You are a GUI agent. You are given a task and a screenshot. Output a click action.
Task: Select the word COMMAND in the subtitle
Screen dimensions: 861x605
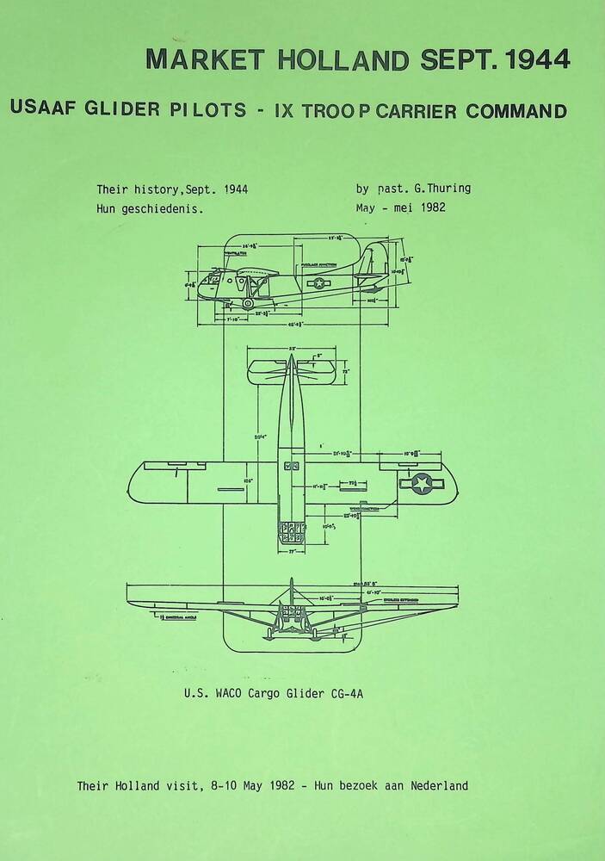(516, 111)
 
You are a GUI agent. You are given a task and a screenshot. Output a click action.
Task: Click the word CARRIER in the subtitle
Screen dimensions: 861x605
(414, 111)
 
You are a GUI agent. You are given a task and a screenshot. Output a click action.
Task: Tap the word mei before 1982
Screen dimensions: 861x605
(402, 208)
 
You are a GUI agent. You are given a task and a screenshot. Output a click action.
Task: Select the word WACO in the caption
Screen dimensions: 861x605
(234, 693)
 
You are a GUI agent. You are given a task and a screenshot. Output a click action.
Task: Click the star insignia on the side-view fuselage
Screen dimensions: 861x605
(320, 282)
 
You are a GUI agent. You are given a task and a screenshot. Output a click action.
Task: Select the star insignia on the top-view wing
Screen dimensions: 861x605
(422, 483)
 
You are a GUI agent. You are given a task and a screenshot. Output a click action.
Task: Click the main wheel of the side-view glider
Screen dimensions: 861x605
(249, 303)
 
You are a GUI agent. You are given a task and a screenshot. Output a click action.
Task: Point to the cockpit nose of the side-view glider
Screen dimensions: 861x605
(207, 282)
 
